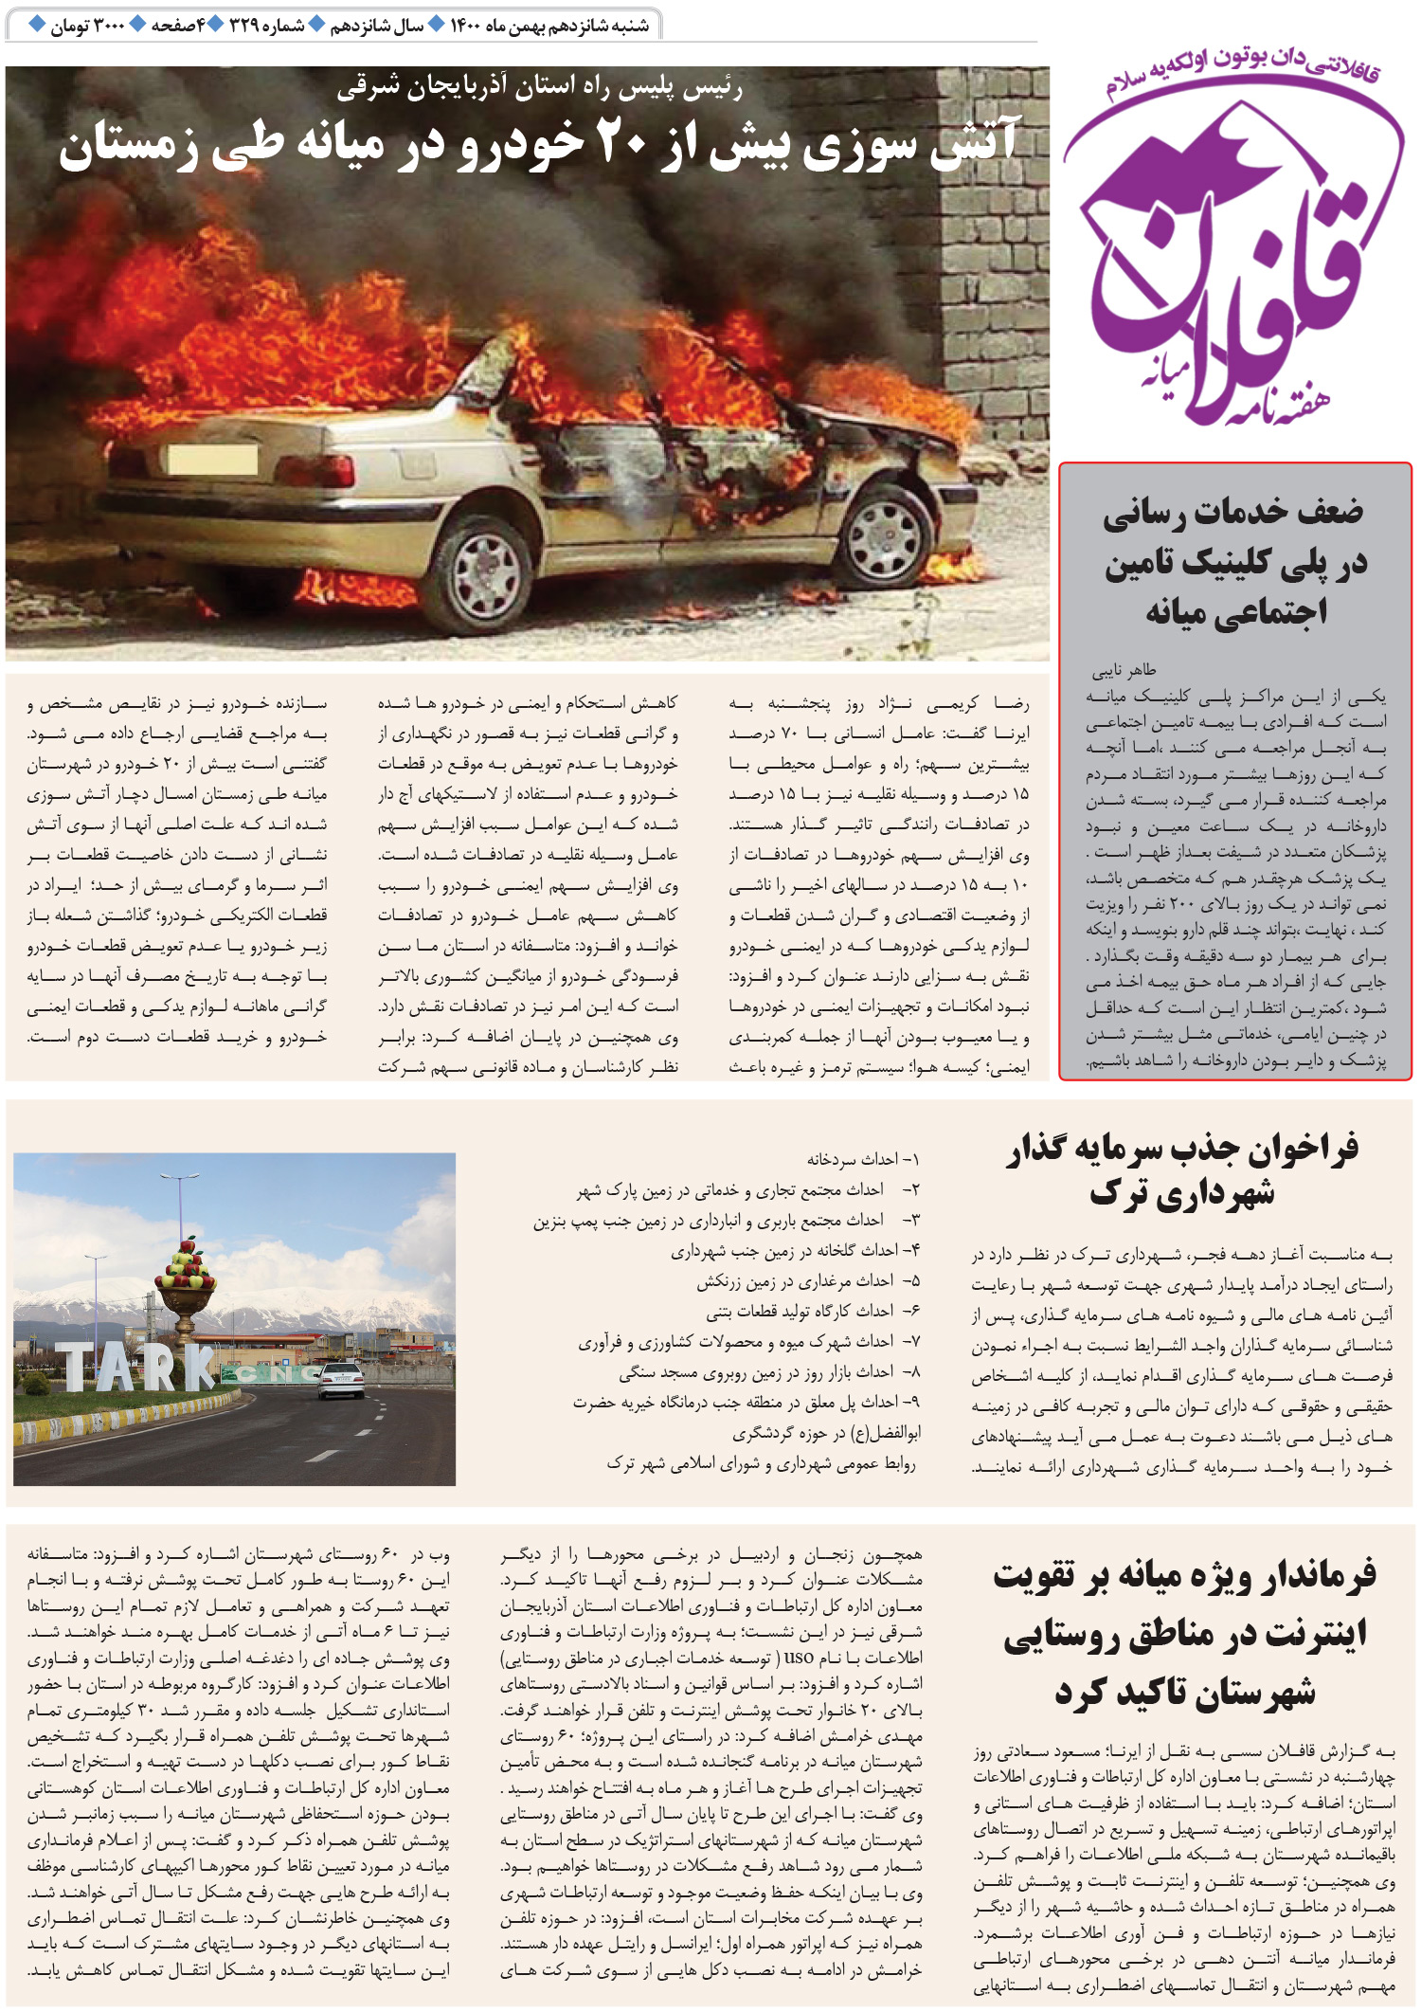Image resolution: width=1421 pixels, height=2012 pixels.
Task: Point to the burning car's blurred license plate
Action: click(x=212, y=461)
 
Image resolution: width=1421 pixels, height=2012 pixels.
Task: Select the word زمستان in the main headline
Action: click(x=128, y=148)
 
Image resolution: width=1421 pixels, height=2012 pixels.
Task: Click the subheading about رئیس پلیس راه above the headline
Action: click(x=539, y=88)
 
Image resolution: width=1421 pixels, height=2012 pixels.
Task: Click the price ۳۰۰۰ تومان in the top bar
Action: click(x=87, y=26)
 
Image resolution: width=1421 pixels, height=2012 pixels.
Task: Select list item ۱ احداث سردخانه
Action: click(x=862, y=1159)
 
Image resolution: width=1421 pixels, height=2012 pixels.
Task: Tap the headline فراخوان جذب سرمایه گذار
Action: click(x=1182, y=1150)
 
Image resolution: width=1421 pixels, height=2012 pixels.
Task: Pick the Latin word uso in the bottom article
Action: click(x=799, y=1658)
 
